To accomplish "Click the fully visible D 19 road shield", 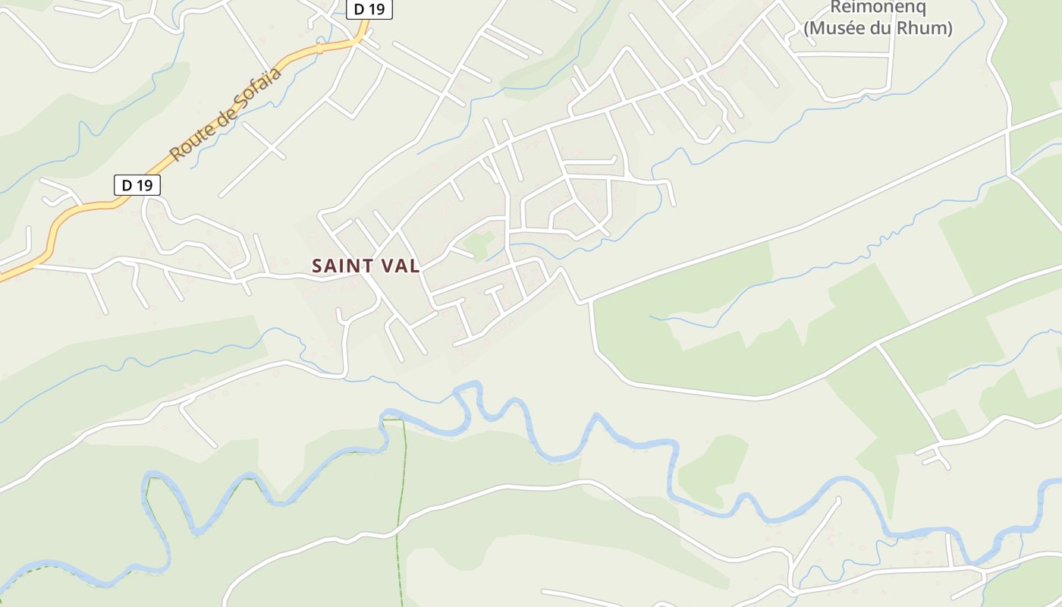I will coord(137,185).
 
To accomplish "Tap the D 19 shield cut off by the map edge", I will coord(369,8).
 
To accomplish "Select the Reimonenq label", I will coord(878,8).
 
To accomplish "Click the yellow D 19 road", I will coord(83,209).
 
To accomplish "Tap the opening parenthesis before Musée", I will coord(808,29).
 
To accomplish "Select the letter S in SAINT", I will coord(317,266).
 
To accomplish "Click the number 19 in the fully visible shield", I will coord(145,185).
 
